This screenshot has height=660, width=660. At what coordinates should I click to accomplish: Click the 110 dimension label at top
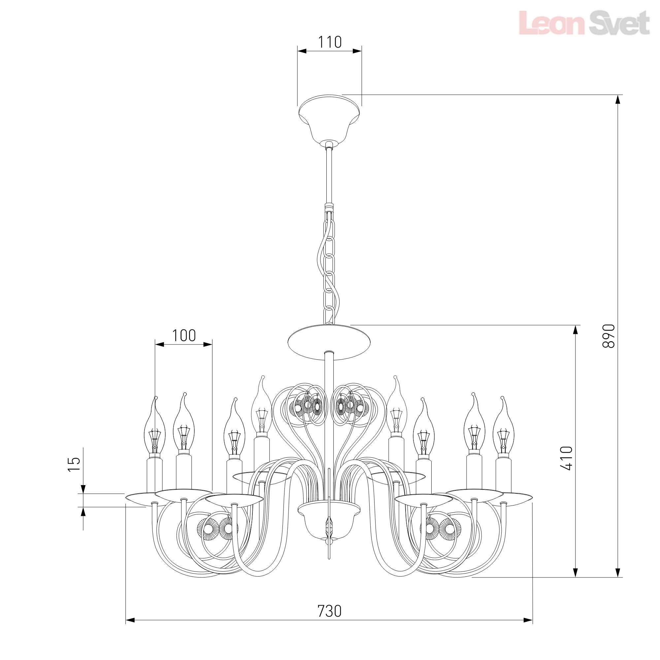click(x=330, y=42)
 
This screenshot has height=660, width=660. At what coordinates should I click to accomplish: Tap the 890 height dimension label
click(x=609, y=336)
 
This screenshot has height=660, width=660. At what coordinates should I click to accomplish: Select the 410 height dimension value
click(x=566, y=458)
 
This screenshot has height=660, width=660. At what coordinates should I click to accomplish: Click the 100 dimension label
click(x=184, y=336)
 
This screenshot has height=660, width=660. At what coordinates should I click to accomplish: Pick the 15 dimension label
click(x=74, y=464)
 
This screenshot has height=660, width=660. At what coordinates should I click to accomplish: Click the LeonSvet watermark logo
click(x=584, y=23)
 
